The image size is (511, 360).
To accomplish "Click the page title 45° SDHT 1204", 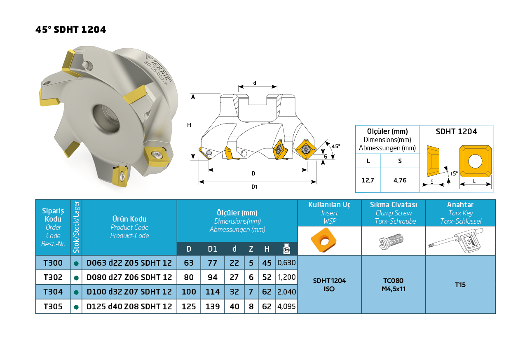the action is point(71,30).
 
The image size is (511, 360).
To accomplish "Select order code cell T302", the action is point(53,277).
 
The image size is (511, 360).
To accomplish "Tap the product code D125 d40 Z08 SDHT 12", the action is point(129,306).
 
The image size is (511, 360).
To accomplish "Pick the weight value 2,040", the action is point(286,292).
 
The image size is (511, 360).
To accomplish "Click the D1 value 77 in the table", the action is point(212,263).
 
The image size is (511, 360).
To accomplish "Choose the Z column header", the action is point(251,249).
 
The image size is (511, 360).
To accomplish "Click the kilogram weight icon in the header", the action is point(286,249).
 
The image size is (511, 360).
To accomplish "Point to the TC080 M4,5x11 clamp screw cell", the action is point(393,285).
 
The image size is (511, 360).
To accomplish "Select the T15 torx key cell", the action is point(460,285).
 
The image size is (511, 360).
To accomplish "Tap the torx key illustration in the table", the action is point(455,241).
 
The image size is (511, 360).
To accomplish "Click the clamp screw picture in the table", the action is point(391,241).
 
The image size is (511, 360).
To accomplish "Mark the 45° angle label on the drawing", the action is point(336,146).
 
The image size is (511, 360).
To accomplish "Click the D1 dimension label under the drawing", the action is point(254,187).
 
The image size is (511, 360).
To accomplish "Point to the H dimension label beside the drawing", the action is point(189,125).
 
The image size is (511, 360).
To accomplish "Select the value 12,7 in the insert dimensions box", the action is point(368,180).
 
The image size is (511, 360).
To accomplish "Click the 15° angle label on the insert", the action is point(454,173).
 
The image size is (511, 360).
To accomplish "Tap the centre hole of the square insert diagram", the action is point(475,161).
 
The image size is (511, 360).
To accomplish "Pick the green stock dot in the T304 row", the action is point(76,292).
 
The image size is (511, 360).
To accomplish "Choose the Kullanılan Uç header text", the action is point(329,205).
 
